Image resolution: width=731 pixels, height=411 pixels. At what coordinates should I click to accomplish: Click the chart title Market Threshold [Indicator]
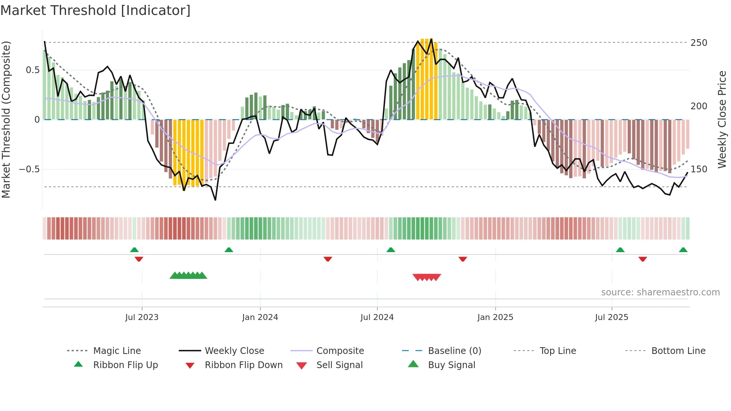pos(95,10)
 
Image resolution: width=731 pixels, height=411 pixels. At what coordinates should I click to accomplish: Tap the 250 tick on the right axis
pos(699,43)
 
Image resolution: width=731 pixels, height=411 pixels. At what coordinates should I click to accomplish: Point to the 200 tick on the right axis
pos(699,106)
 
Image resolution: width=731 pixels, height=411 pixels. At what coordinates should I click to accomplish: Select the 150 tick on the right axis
pos(699,169)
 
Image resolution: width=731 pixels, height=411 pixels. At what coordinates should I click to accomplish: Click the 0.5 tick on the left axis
pos(32,70)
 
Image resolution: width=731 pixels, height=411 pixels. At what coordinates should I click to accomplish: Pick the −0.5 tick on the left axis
pos(29,169)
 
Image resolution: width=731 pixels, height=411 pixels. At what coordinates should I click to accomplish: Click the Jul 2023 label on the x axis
pos(142,317)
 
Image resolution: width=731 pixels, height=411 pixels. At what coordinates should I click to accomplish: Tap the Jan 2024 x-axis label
pos(260,317)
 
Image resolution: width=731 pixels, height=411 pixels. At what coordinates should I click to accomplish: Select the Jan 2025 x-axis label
pos(495,317)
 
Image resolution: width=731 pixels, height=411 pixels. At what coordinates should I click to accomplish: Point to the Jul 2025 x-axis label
pos(612,317)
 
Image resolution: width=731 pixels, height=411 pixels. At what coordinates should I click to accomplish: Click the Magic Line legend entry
pos(117,351)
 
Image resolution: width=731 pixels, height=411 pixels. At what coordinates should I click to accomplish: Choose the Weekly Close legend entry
pos(234,351)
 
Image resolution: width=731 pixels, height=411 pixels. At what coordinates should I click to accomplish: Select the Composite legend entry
pos(340,351)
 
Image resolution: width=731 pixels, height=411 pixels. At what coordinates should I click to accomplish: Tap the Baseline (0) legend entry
pos(454,351)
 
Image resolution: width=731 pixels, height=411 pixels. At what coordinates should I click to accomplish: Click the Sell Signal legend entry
pos(339,365)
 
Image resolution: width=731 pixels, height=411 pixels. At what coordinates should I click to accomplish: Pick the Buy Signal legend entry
pos(451,365)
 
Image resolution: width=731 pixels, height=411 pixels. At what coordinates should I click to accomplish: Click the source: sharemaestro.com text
pos(660,292)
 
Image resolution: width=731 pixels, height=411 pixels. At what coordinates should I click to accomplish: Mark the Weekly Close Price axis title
pos(722,119)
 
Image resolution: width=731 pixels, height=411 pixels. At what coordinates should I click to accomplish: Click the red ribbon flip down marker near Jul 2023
pos(139,259)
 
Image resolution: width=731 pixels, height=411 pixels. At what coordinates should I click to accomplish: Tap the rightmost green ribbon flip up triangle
pos(683,250)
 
